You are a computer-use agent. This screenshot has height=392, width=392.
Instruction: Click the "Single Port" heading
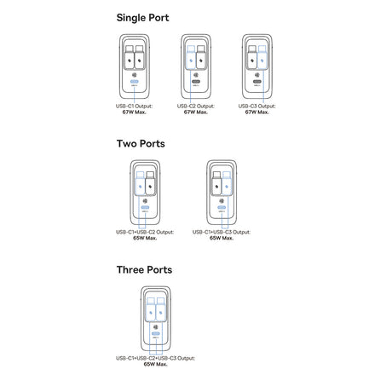pos(142,18)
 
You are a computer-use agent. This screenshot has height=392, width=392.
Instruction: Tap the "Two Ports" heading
pos(141,143)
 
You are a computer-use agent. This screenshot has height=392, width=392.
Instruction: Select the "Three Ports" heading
pos(144,269)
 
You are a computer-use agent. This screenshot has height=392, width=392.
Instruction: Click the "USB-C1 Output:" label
pos(134,106)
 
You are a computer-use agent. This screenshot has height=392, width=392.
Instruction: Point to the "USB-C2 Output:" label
pos(196,106)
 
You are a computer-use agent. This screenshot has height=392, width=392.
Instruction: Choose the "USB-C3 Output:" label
pos(257,106)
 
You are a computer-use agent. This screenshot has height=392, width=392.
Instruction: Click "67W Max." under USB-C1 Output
pos(135,112)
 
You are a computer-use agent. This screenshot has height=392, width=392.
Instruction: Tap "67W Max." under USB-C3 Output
pos(257,112)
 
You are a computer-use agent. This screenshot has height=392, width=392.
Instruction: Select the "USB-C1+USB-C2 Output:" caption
pos(145,232)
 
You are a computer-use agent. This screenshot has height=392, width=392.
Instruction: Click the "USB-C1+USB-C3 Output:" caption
pos(222,232)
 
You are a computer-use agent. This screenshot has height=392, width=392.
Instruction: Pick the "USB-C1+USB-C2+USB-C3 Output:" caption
pos(155,358)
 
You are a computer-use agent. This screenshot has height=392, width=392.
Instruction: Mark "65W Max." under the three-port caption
pos(155,364)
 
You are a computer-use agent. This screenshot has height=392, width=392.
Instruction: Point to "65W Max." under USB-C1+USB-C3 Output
pos(222,238)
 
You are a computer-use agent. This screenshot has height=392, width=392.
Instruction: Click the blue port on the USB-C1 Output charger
pos(135,82)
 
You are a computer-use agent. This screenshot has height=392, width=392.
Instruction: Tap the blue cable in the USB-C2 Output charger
pos(191,57)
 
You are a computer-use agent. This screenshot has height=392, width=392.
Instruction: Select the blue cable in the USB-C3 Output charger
pos(262,57)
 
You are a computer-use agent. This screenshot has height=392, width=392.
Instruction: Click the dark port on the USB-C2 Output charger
pos(196,82)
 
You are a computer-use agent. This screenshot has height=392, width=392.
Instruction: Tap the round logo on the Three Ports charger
pos(156,327)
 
